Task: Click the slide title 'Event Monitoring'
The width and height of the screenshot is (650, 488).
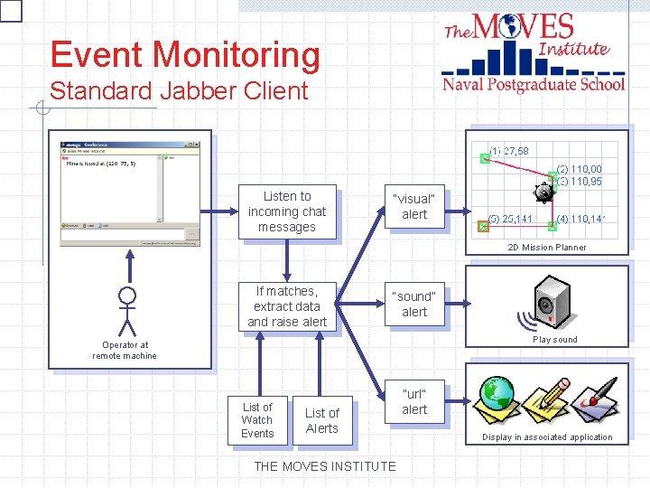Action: (x=185, y=55)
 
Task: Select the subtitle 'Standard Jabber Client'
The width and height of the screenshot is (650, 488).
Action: (x=179, y=90)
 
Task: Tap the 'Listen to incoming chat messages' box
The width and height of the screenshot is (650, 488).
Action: (x=286, y=211)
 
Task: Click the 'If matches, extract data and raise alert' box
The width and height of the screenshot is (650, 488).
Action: (x=286, y=306)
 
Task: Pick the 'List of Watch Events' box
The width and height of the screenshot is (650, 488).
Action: (x=257, y=420)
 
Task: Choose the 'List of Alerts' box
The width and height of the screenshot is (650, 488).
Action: (x=321, y=421)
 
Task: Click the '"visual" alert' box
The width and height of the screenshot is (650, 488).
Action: (x=414, y=206)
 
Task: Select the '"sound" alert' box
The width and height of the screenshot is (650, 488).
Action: (x=414, y=304)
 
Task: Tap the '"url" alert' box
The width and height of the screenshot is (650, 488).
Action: (x=414, y=401)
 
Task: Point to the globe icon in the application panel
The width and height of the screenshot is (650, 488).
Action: (x=497, y=394)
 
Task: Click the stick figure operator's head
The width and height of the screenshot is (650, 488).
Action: (x=128, y=295)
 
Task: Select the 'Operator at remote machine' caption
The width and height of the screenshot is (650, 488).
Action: (x=125, y=351)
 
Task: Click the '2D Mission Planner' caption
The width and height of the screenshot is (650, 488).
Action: (x=546, y=248)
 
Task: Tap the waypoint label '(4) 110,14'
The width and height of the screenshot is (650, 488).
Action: (x=580, y=219)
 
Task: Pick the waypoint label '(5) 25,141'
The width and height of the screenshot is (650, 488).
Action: (x=510, y=219)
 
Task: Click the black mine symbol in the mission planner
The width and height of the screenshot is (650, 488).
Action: (x=543, y=192)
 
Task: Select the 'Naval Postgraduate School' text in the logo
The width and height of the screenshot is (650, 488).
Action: (x=533, y=84)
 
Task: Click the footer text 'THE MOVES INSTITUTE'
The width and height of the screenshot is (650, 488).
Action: (x=325, y=466)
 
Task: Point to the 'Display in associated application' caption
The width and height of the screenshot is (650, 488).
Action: (x=547, y=437)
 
